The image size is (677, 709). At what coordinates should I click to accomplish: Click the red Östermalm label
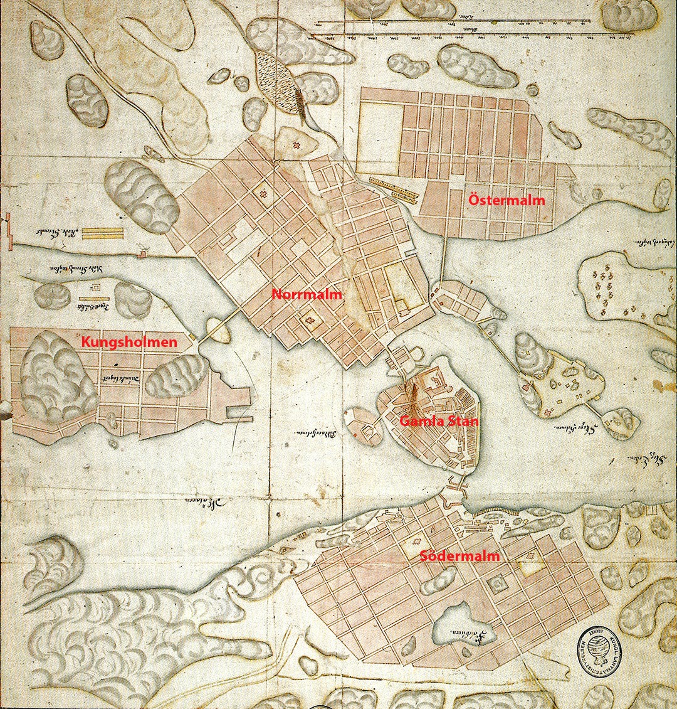click(507, 200)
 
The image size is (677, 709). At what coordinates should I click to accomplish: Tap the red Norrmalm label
click(307, 294)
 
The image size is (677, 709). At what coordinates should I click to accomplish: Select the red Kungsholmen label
click(129, 343)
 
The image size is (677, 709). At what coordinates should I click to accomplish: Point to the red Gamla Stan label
click(439, 421)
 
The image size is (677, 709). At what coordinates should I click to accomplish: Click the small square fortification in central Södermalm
click(499, 585)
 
